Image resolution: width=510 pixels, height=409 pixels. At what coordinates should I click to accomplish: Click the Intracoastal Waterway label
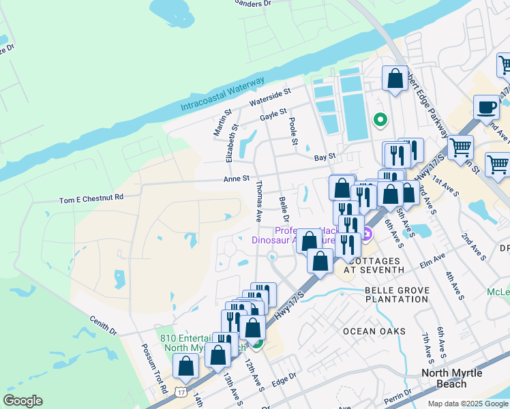click(222, 95)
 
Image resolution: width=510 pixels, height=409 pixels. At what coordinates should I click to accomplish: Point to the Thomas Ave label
click(259, 202)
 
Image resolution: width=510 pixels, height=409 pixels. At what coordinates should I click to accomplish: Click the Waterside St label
click(270, 96)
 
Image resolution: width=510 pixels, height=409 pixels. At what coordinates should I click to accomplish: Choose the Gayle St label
click(273, 117)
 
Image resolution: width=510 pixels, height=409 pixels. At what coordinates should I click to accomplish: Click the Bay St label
click(325, 157)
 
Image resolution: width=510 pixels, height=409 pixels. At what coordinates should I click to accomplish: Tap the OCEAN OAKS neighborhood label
click(374, 331)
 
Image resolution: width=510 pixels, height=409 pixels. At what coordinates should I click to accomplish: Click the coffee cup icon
click(487, 108)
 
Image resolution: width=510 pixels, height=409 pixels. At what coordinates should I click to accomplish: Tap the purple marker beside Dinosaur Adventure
click(367, 236)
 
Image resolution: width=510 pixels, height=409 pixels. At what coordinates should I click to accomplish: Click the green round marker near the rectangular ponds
click(380, 121)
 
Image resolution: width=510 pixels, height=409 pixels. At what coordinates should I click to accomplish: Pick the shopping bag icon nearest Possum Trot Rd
click(186, 365)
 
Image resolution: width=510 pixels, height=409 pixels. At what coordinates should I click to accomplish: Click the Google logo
click(22, 401)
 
